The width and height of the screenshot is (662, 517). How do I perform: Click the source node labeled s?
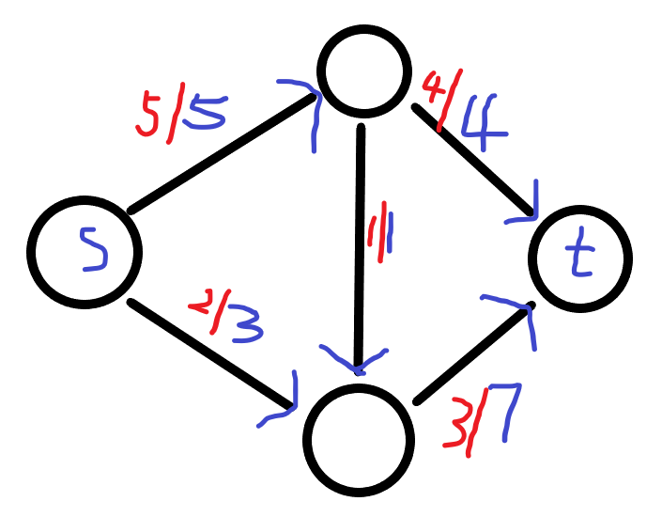pyautogui.click(x=85, y=252)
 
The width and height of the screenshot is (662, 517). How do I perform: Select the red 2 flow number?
pyautogui.click(x=200, y=306)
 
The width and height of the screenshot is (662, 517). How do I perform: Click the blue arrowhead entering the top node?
pyautogui.click(x=304, y=104)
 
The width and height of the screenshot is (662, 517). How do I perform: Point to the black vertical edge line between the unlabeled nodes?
pyautogui.click(x=360, y=282)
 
